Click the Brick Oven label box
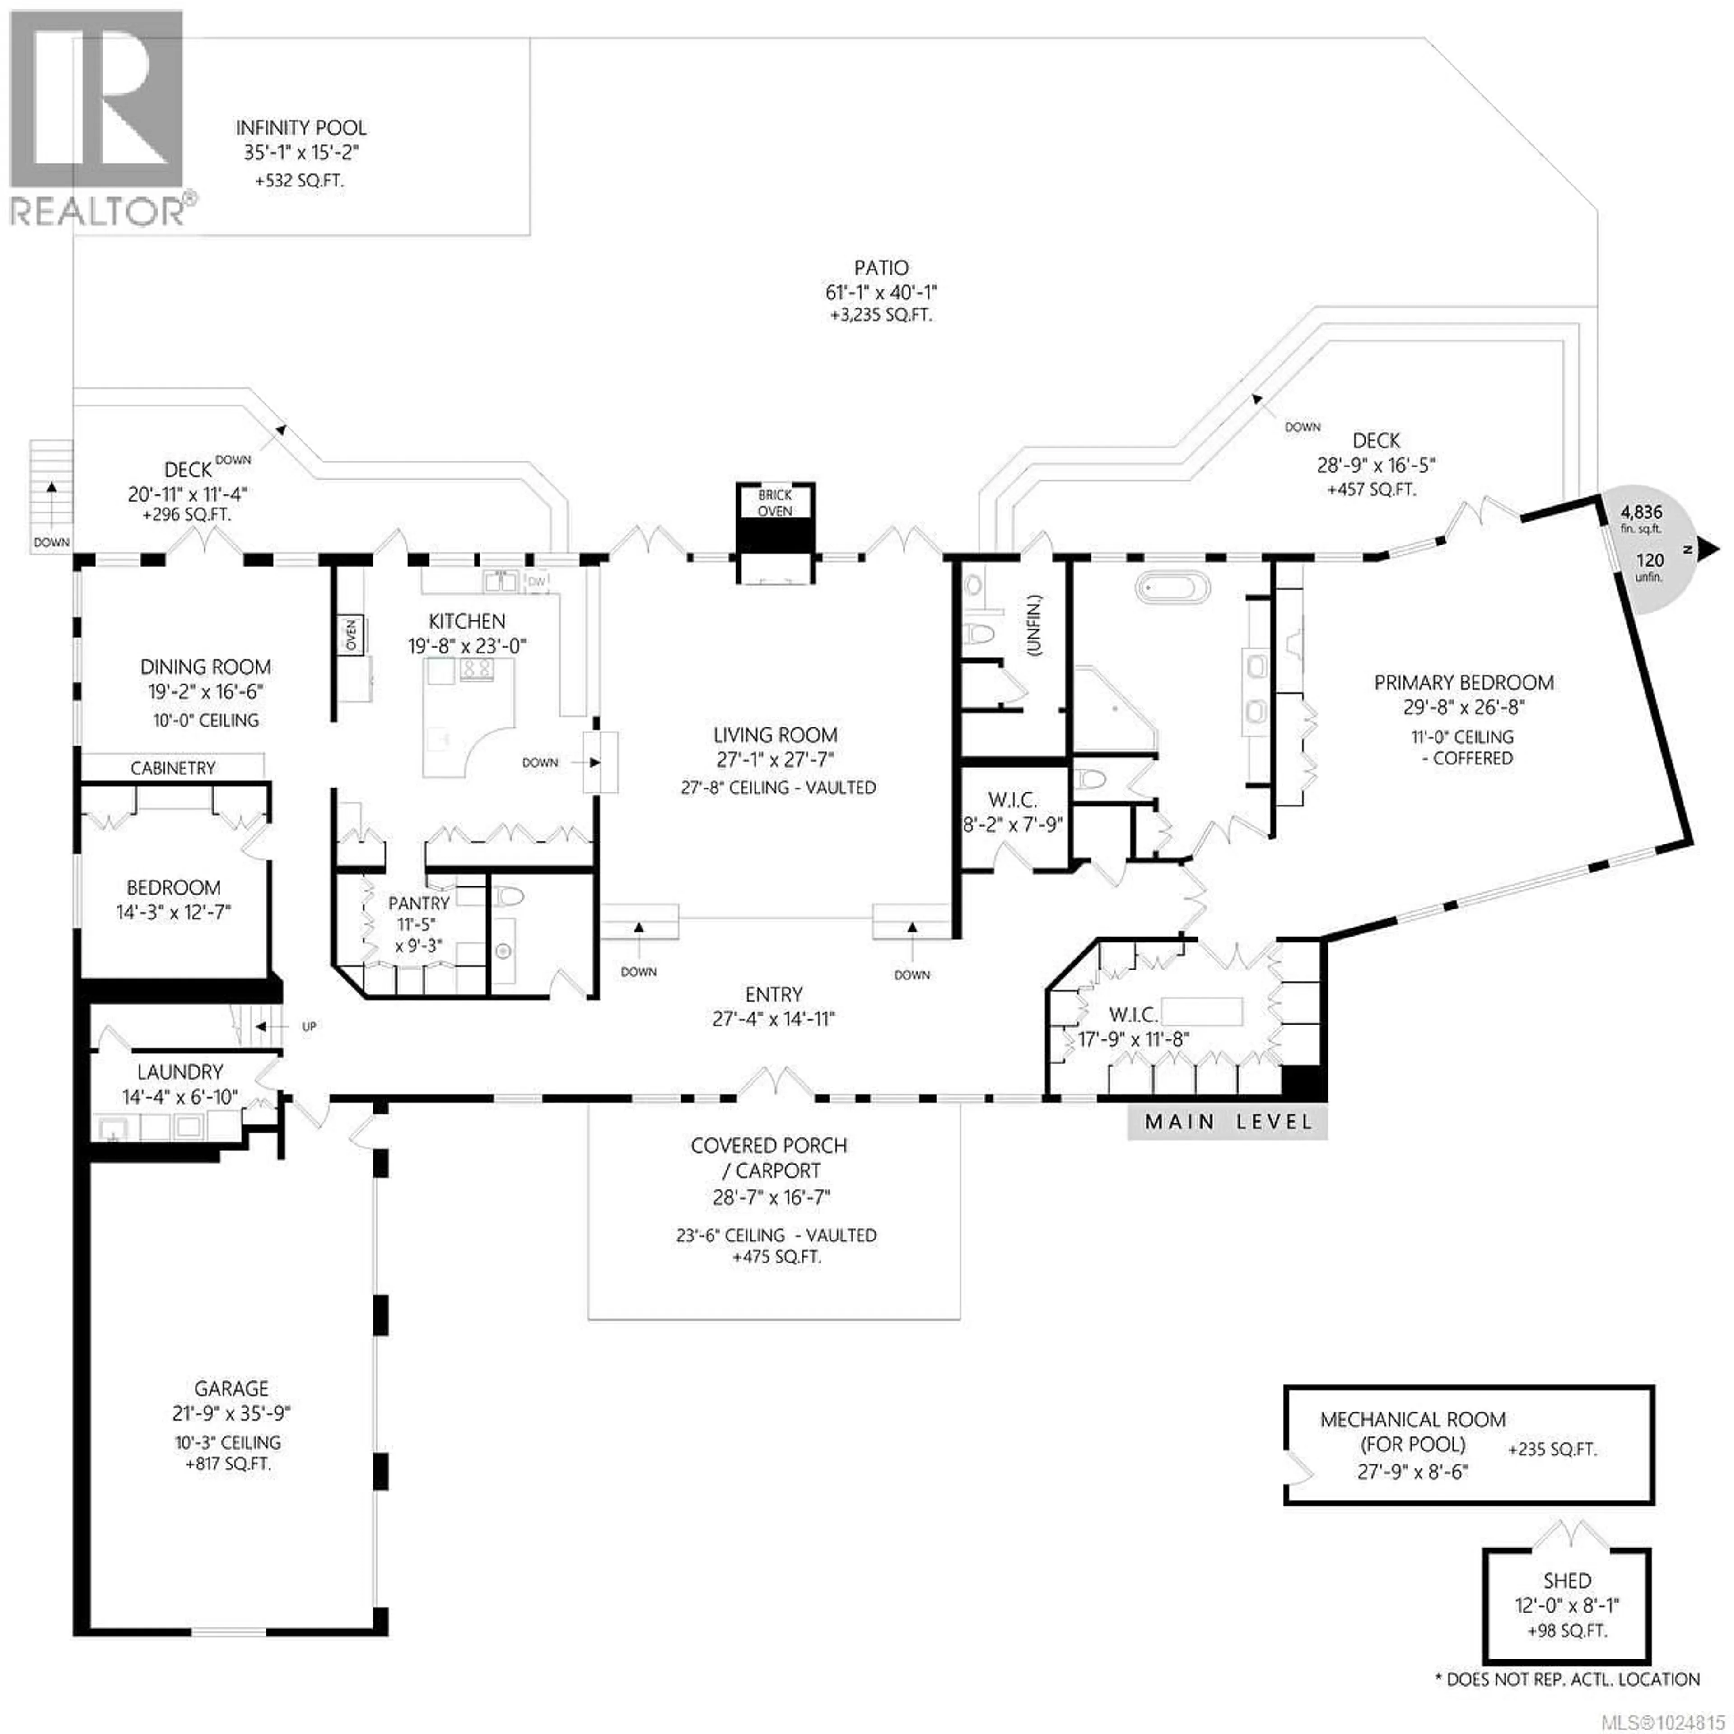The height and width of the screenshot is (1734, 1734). point(774,503)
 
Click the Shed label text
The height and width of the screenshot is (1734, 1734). point(1567,1580)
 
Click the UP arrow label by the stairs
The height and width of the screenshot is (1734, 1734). point(309,1026)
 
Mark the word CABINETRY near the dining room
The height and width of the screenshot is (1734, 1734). point(173,768)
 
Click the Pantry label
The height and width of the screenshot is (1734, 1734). point(418,903)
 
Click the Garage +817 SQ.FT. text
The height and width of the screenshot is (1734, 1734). point(230,1464)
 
